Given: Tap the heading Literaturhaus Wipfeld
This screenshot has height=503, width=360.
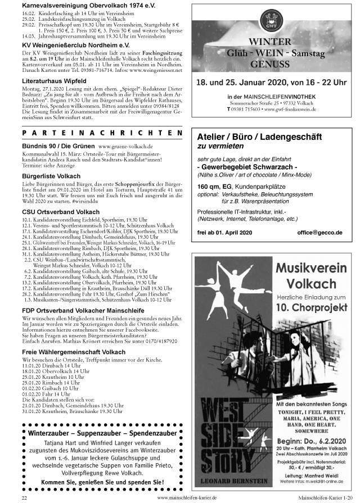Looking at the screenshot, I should point(51,80).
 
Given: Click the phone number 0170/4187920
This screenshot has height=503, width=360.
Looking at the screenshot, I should point(158,341).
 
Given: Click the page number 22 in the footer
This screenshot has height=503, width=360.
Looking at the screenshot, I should point(24,498).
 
